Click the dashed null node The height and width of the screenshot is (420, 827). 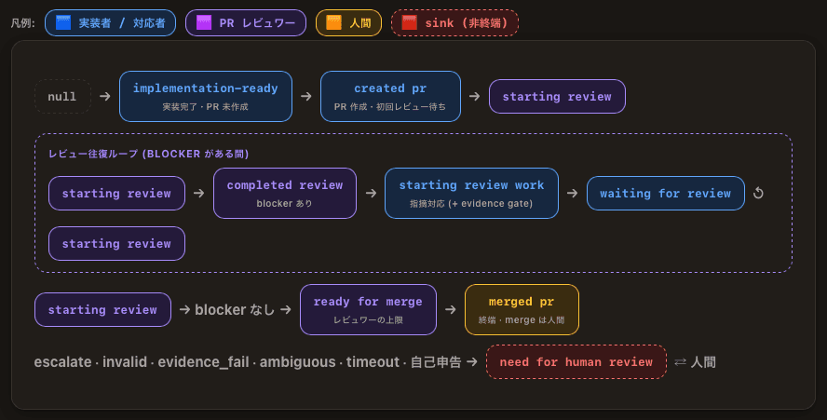[62, 97]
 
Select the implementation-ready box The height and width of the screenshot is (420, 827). [206, 97]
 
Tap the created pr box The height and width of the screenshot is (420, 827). [390, 97]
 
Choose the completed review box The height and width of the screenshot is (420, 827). [285, 193]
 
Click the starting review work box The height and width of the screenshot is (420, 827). [471, 193]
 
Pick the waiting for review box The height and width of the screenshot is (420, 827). [666, 193]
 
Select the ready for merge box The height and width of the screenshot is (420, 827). [368, 310]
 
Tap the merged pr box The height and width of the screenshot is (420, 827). [522, 310]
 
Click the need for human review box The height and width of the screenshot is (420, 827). [576, 362]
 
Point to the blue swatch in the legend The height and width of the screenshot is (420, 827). [63, 22]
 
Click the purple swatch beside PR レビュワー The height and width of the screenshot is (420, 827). [204, 22]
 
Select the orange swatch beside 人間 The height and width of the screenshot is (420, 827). [333, 22]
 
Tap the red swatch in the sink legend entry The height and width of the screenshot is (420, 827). [409, 22]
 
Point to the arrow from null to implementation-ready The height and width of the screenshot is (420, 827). [105, 96]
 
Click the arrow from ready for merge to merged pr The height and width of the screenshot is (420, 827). [451, 309]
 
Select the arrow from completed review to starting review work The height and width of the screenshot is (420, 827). [371, 193]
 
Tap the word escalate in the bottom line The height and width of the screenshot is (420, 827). [62, 362]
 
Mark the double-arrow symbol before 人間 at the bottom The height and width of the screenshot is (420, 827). [681, 362]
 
